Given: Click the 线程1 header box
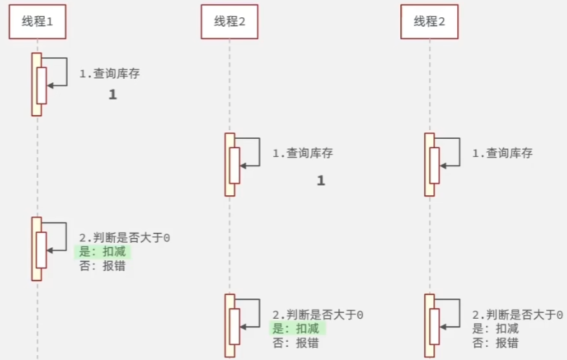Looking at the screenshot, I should [38, 22].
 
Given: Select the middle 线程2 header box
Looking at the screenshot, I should [230, 22].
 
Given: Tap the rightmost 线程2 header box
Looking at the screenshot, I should [429, 22].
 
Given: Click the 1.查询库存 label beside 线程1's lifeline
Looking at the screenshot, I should [109, 74].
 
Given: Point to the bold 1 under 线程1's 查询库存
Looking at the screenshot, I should [113, 95].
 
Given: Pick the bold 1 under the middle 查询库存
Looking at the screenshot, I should [321, 181].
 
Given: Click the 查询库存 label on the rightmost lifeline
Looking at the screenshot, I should [502, 153].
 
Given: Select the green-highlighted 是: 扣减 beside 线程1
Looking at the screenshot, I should [103, 252].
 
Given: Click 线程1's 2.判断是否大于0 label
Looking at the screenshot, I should [124, 237].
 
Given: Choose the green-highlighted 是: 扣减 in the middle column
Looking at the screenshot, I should [298, 329].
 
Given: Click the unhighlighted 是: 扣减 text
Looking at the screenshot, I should [495, 329].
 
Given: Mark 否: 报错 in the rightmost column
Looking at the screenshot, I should [495, 343].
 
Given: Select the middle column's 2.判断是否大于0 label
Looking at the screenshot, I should [318, 314].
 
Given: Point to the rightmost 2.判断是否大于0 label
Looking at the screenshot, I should [517, 314].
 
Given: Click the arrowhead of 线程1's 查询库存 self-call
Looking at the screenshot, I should [50, 85].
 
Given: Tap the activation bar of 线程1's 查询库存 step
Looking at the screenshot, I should [36, 84].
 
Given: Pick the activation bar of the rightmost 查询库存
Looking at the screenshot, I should [429, 165].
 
